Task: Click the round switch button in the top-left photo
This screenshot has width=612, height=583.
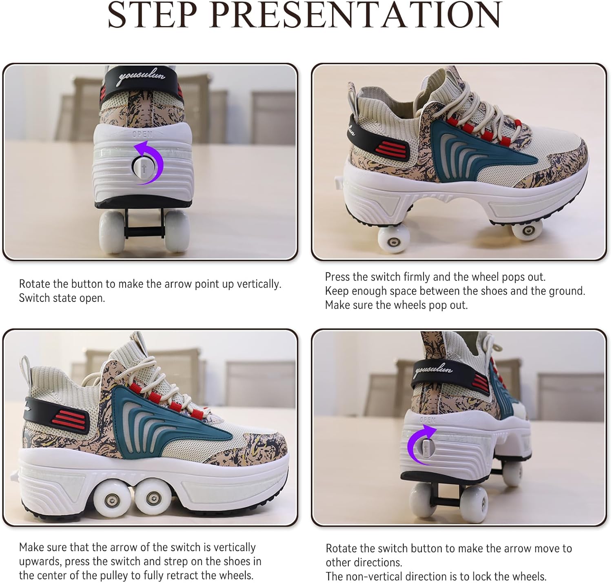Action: tap(142, 166)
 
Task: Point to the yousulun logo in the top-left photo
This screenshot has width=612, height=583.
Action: tap(141, 78)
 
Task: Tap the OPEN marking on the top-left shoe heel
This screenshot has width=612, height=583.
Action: tap(142, 134)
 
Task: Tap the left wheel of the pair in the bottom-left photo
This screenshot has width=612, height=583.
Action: tap(111, 499)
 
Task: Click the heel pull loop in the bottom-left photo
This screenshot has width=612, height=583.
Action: tap(27, 365)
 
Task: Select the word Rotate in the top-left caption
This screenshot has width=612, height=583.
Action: tap(35, 284)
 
